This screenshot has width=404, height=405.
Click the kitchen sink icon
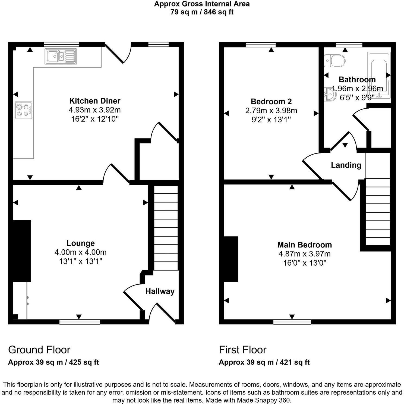pyautogui.click(x=61, y=56)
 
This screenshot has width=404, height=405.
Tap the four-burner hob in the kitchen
pyautogui.click(x=23, y=110)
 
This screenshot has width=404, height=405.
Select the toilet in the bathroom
pyautogui.click(x=334, y=61)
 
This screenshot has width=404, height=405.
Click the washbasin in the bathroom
pyautogui.click(x=330, y=94)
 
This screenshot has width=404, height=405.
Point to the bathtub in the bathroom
pyautogui.click(x=379, y=75)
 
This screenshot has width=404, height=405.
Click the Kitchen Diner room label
pyautogui.click(x=95, y=101)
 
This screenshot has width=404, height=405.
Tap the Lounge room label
pyautogui.click(x=81, y=243)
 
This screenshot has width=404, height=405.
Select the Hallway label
pyautogui.click(x=160, y=291)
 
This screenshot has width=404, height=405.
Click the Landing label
pyautogui.click(x=346, y=165)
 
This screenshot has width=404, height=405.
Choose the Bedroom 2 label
pyautogui.click(x=271, y=102)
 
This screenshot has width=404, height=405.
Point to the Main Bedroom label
pyautogui.click(x=304, y=245)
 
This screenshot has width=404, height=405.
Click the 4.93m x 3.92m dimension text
pyautogui.click(x=95, y=110)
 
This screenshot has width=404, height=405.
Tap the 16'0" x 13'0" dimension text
pyautogui.click(x=304, y=263)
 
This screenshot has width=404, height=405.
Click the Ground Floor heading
pyautogui.click(x=39, y=350)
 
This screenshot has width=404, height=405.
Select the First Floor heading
pyautogui.click(x=242, y=350)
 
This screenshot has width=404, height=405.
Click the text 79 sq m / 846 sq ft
pyautogui.click(x=202, y=12)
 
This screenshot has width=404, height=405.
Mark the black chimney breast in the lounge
pyautogui.click(x=21, y=251)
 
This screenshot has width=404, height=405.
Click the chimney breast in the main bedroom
pyautogui.click(x=231, y=259)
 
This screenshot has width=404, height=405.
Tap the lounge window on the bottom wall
pyautogui.click(x=80, y=322)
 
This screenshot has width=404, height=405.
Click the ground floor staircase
pyautogui.click(x=166, y=228)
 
